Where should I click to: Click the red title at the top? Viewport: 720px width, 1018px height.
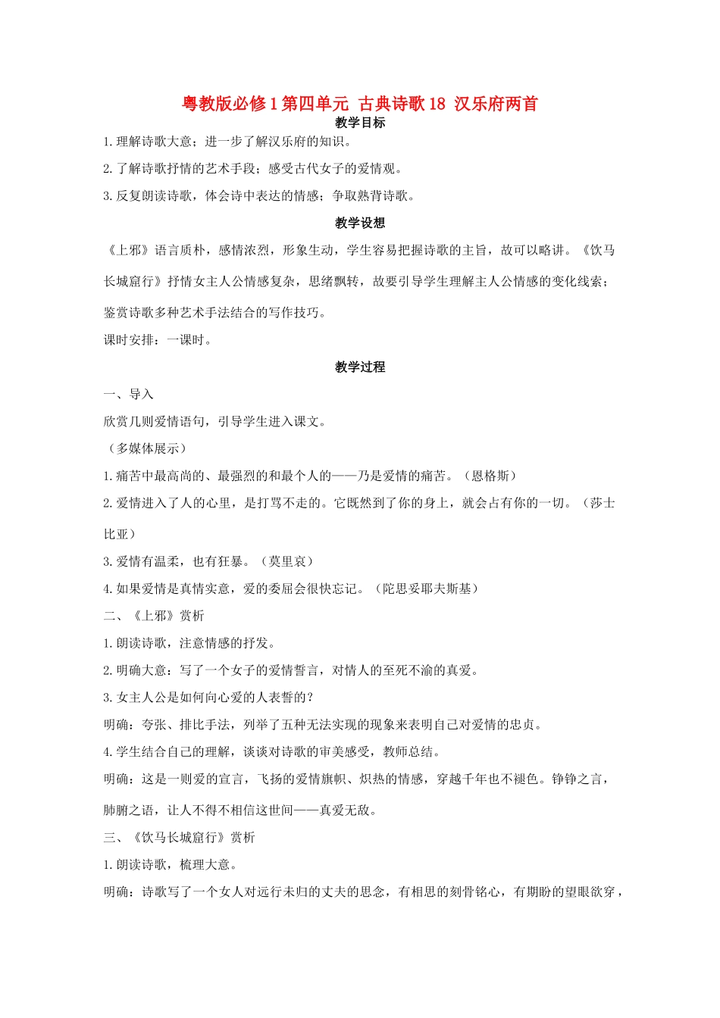coord(360,104)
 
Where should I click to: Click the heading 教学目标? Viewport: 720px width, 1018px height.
coord(360,123)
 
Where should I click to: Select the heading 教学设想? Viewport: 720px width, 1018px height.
coord(360,223)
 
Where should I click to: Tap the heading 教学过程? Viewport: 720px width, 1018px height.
coord(360,367)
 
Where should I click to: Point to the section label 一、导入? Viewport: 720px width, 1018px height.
coord(129,394)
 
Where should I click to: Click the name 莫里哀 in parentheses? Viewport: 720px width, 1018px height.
coord(287,561)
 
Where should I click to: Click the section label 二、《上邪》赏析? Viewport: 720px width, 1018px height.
coord(155,616)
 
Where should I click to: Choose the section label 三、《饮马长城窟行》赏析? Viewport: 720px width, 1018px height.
coord(180,837)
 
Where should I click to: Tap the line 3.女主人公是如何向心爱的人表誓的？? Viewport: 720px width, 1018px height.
coord(208,697)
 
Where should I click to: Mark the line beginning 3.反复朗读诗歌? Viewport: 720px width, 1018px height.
coord(259,195)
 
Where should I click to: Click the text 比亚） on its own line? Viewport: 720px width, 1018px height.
coord(120,534)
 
